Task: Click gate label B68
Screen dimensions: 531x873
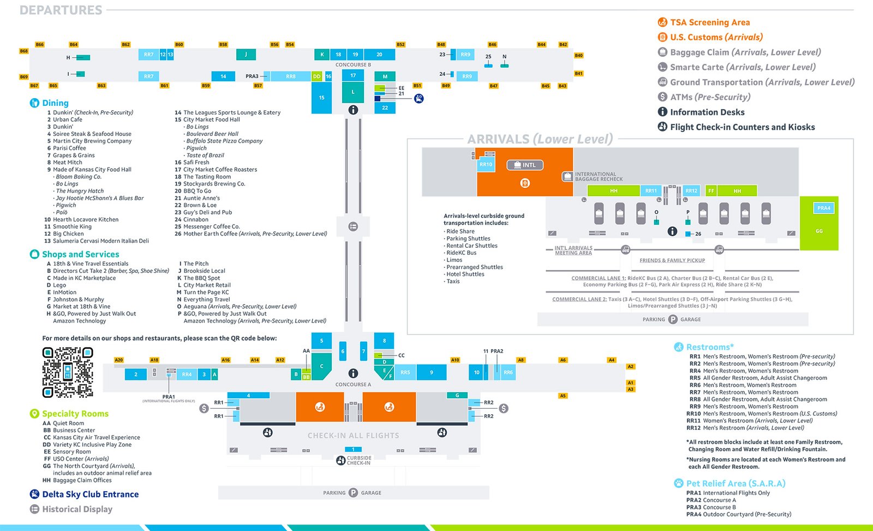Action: coord(23,51)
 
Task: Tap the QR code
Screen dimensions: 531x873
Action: coord(68,372)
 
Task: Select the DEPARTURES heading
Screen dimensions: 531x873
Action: coord(61,10)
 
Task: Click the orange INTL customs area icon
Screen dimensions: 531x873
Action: coord(525,183)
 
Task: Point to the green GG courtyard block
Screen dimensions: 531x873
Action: coord(818,231)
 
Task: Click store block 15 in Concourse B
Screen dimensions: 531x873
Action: coord(321,98)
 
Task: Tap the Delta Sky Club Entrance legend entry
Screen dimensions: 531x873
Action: coord(90,494)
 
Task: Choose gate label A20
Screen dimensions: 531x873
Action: coord(119,360)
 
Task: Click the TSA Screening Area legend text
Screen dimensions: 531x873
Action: coord(709,22)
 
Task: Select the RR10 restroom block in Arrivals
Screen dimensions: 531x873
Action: coord(486,164)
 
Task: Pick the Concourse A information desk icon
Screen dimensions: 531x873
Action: coord(353,373)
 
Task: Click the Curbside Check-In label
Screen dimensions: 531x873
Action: coord(358,461)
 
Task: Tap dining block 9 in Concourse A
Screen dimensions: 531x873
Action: coord(431,373)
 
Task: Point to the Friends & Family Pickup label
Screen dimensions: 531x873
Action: coord(672,260)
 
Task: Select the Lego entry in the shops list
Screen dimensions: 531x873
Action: coord(59,285)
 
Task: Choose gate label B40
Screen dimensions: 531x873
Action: coord(578,56)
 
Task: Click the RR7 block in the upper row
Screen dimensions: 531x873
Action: coord(148,55)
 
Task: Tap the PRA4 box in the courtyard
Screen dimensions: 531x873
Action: coord(823,208)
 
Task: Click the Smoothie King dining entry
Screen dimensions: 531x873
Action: coord(72,226)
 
